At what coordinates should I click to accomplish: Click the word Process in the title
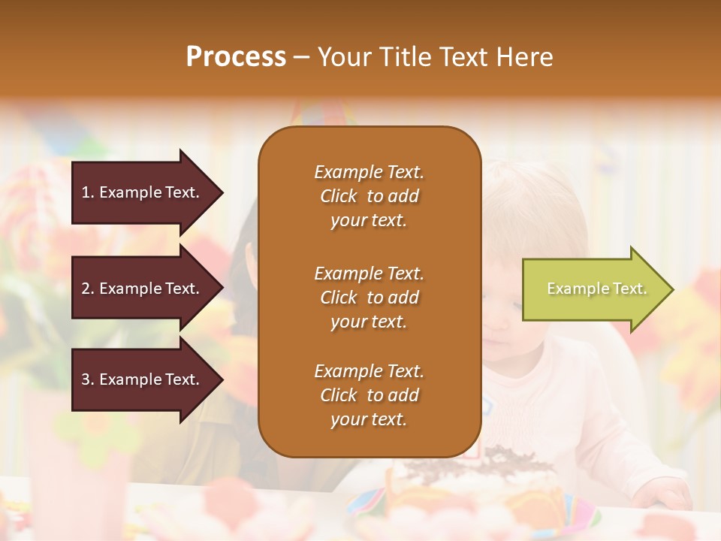tap(236, 57)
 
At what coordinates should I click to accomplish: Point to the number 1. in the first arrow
tap(88, 192)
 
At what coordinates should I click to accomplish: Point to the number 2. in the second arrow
tap(88, 289)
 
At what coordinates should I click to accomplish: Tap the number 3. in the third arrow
tap(88, 379)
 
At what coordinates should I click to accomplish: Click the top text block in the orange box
tap(369, 196)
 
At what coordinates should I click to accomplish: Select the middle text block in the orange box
tap(369, 298)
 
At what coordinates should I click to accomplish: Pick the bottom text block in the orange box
tap(369, 395)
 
